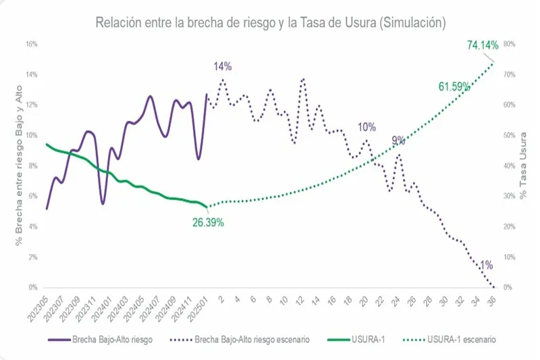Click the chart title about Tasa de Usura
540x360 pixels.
270,22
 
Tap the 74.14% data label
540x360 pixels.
482,46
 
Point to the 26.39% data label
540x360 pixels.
208,222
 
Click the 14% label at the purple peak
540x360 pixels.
223,66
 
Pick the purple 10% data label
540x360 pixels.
367,127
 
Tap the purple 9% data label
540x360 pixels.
398,141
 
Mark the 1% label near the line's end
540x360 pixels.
486,265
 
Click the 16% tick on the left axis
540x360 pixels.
31,44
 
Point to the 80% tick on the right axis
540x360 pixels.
510,44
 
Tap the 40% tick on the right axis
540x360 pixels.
510,166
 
